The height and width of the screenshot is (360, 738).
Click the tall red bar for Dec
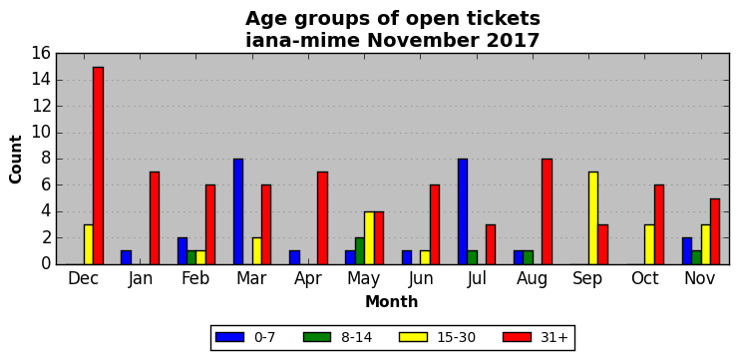(x=98, y=166)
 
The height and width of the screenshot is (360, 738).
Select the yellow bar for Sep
(x=593, y=218)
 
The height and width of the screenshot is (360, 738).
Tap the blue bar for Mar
(x=238, y=211)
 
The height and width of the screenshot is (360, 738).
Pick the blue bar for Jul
(x=462, y=211)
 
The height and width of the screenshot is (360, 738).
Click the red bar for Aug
(x=547, y=211)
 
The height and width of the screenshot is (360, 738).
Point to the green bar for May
(x=360, y=251)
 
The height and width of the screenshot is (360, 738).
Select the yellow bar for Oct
(x=649, y=244)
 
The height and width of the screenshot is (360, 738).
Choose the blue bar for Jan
(x=126, y=258)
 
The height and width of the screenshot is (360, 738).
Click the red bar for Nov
(x=715, y=231)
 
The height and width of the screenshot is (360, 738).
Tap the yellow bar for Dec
(x=89, y=244)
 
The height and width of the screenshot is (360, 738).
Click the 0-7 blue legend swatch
(x=229, y=337)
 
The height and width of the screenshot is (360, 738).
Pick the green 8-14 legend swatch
(x=318, y=337)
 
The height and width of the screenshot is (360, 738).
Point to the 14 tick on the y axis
(x=42, y=80)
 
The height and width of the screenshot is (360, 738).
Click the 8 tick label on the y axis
(x=46, y=160)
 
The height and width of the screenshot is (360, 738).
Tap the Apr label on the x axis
(x=308, y=279)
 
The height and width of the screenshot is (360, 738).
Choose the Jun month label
(x=420, y=278)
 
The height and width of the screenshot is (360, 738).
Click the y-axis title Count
(x=16, y=160)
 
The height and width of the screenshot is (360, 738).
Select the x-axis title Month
(x=391, y=301)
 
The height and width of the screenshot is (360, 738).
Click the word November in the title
(x=425, y=41)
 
